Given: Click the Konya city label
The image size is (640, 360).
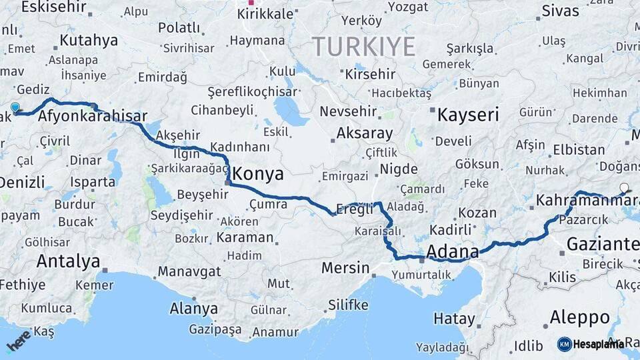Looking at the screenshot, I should pos(257,175).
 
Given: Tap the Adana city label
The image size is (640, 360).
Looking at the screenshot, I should pos(452,252).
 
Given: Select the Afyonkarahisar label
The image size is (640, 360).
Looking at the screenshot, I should pos(92,116).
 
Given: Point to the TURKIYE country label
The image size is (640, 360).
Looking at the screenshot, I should pos(363,47).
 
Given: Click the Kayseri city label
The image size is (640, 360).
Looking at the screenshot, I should pos(468,115).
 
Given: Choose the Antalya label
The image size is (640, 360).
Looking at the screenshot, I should pos(68,261).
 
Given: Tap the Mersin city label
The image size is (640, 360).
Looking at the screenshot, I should pos(345,268).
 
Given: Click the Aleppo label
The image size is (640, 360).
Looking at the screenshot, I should pos(579,317).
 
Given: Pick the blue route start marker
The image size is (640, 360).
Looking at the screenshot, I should pos(15,107).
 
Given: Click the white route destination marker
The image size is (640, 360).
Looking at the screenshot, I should pos(624,188).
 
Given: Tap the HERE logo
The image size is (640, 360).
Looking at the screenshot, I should pos(19,340).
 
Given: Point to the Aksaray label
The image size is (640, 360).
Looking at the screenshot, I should pos(365,133).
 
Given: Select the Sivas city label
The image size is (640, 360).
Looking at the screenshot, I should pos(560,11).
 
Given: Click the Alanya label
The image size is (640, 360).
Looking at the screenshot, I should pos(193,309).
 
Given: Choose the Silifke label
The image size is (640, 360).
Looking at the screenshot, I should pos(348,305).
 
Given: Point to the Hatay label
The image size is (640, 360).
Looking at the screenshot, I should pos(454,318).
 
